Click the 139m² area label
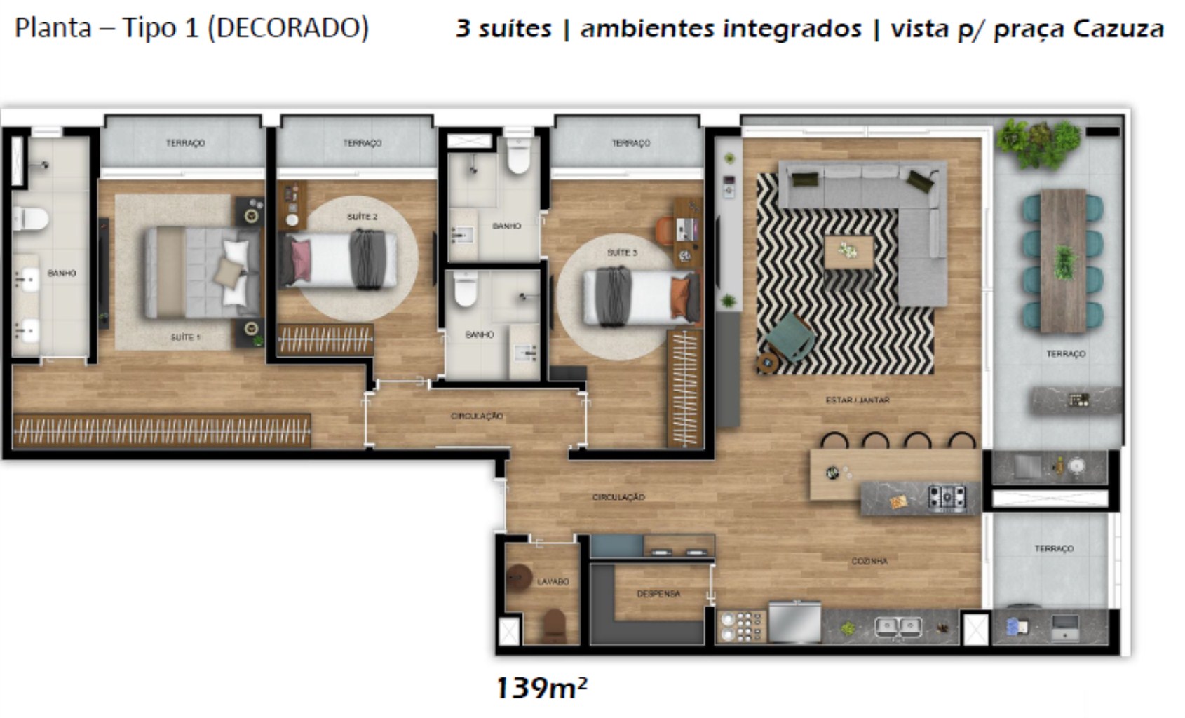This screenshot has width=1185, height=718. pos(541,688)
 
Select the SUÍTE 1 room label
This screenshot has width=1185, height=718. pos(185,337)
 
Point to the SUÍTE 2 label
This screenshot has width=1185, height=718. pos(362,217)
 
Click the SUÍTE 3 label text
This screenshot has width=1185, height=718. pos(622,252)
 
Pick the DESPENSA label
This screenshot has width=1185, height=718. pos(658,594)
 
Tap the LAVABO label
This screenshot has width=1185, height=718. pos(553,581)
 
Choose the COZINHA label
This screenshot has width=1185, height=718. pos(869,561)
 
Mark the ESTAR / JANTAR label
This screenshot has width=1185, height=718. pos(857,400)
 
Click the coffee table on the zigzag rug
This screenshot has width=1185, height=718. pos(848,252)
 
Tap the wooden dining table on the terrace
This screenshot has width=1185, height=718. pos(1063,260)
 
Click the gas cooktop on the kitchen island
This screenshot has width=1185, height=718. pos(947,497)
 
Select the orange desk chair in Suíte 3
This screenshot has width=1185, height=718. pos(665,231)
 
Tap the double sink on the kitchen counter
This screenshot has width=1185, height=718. pos(898,626)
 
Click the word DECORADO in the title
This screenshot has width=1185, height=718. pos(287,28)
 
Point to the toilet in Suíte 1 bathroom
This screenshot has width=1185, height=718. pos(31,219)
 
